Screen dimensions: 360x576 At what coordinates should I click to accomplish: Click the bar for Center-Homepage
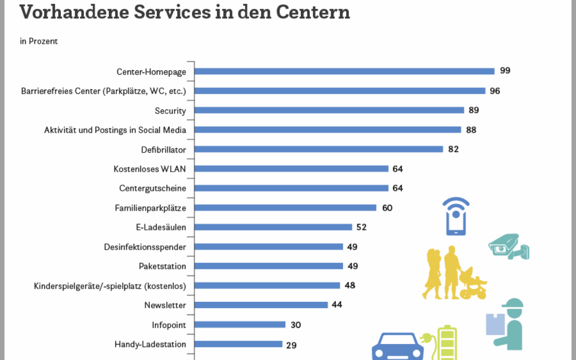click(345, 71)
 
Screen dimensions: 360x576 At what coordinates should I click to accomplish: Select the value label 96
click(494, 91)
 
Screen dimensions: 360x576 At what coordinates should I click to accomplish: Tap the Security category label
click(170, 111)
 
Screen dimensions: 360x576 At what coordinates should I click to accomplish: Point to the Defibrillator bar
click(319, 149)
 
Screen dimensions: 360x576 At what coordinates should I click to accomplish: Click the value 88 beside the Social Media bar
click(470, 130)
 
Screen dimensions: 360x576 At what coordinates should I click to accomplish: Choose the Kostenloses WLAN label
click(149, 169)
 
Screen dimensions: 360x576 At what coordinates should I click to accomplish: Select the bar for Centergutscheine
click(291, 188)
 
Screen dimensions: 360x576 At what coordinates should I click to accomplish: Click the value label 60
click(387, 207)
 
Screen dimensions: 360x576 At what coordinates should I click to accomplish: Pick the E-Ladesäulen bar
click(273, 227)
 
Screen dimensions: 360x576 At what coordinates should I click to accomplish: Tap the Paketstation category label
click(162, 266)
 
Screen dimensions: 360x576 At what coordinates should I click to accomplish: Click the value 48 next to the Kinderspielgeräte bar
click(350, 285)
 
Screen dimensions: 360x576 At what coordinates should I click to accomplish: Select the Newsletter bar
click(261, 305)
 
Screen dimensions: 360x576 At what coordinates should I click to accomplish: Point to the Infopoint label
click(169, 325)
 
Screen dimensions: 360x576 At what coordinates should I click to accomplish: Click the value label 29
click(291, 345)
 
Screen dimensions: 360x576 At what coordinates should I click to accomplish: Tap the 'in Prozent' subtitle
click(39, 41)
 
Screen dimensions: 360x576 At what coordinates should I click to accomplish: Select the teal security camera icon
click(508, 246)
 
